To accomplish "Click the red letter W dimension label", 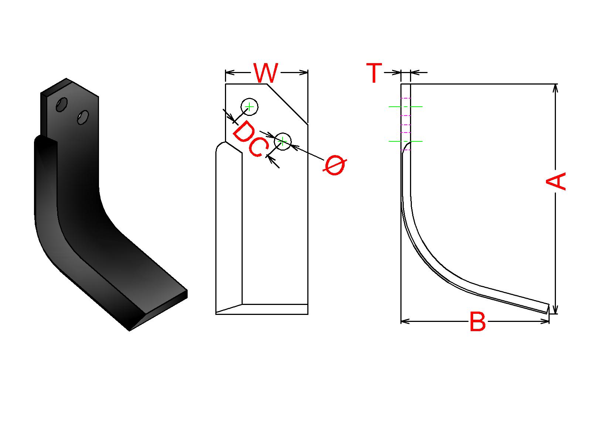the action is (266, 73).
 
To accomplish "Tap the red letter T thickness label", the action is (374, 73).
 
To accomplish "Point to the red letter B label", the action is (478, 322).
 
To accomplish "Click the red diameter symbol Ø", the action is (335, 165).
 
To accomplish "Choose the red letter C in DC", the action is (258, 148).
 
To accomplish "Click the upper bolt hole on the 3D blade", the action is (62, 104).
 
